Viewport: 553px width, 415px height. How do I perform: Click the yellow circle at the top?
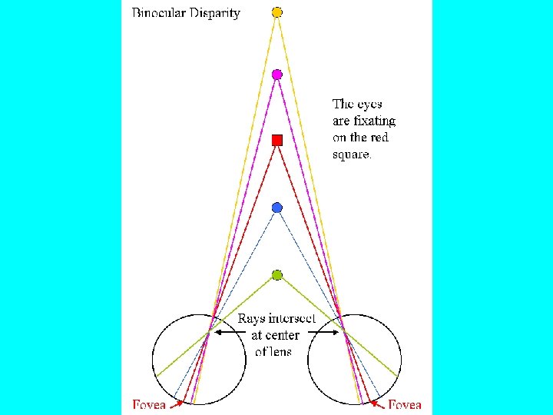click(277, 12)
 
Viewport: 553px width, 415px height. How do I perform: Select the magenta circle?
click(277, 75)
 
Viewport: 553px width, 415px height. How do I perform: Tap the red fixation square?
click(277, 140)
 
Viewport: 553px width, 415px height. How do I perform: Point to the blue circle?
click(277, 207)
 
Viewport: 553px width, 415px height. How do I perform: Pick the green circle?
click(277, 274)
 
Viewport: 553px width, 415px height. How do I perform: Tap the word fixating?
click(374, 121)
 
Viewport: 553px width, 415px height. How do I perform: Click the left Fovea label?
click(149, 404)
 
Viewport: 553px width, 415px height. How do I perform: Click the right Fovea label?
click(404, 404)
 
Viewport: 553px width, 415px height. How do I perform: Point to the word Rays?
click(253, 319)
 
